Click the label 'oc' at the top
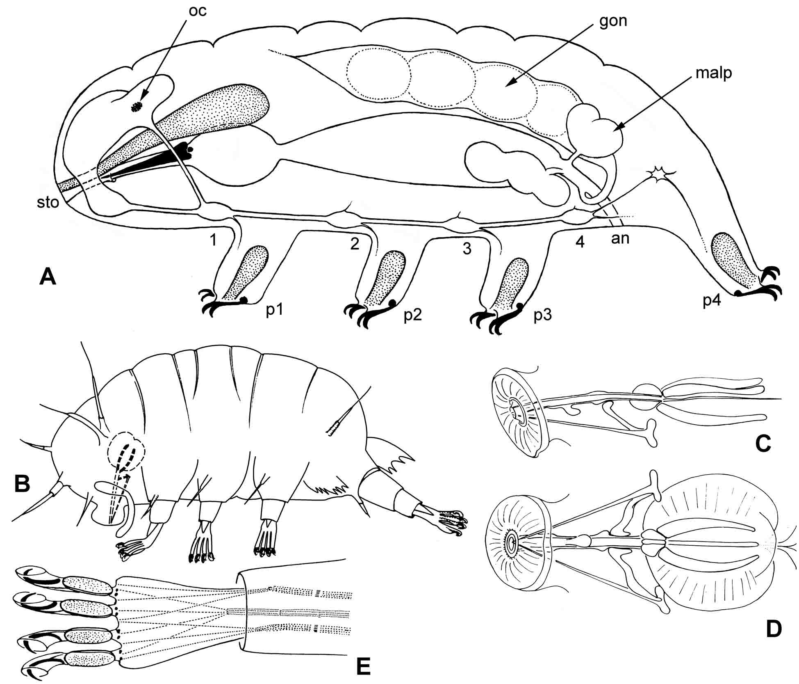click(x=197, y=11)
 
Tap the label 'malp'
click(x=714, y=73)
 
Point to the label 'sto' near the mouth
click(x=48, y=202)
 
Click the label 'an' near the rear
click(x=620, y=238)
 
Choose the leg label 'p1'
click(x=275, y=310)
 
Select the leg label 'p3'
click(x=542, y=315)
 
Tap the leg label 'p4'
click(x=712, y=301)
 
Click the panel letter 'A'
click(x=48, y=277)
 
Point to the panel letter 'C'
click(x=763, y=444)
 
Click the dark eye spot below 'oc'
click(x=134, y=107)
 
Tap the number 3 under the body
click(x=467, y=249)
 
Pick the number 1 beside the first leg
click(x=213, y=240)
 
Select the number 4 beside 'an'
click(x=580, y=242)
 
